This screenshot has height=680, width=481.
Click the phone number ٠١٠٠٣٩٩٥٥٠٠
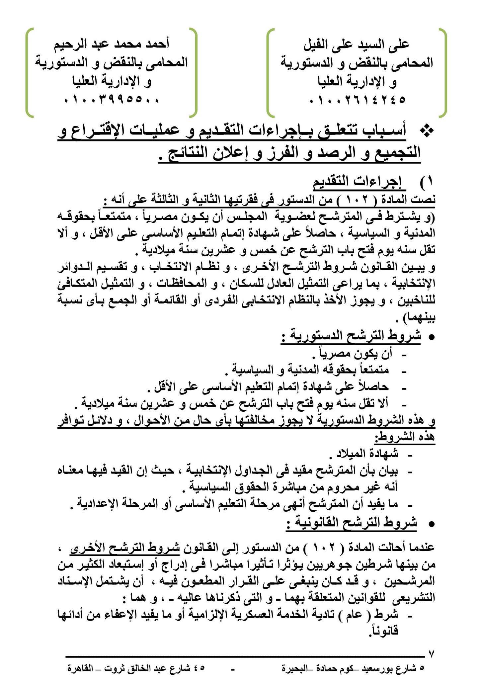click(x=111, y=100)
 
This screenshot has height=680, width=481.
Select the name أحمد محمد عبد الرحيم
click(x=112, y=44)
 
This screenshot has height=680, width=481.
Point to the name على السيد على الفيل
click(x=357, y=44)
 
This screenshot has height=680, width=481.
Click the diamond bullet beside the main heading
click(x=426, y=131)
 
